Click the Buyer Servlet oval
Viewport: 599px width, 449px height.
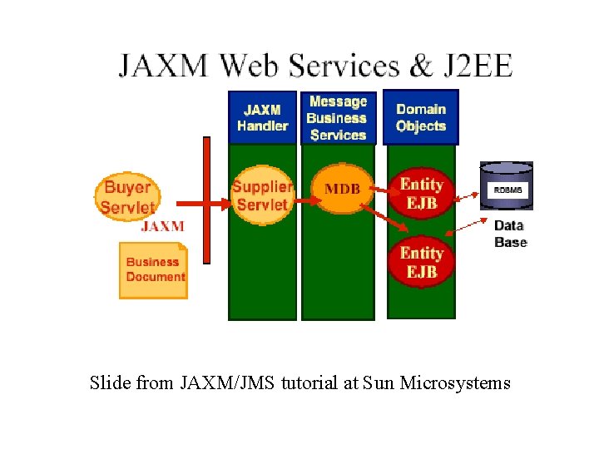pos(127,196)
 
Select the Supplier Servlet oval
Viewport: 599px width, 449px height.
pos(262,196)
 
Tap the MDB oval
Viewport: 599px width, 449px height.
pos(342,190)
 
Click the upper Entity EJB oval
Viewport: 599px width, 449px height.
pos(421,193)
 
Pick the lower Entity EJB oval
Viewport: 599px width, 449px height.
pos(421,262)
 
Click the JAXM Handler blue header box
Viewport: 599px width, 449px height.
pos(262,117)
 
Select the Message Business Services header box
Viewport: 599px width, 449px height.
pos(337,117)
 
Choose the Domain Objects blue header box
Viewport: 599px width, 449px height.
pos(421,117)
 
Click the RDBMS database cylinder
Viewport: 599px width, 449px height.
pos(507,186)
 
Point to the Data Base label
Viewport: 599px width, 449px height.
pos(510,234)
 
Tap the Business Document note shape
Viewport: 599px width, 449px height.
pos(154,269)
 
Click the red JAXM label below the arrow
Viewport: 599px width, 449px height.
pos(162,225)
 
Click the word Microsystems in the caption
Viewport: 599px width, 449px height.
pos(455,383)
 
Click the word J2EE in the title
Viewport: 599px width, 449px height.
pos(478,66)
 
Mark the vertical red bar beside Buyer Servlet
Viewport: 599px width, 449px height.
pos(206,200)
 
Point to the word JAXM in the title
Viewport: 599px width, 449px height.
pos(162,66)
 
